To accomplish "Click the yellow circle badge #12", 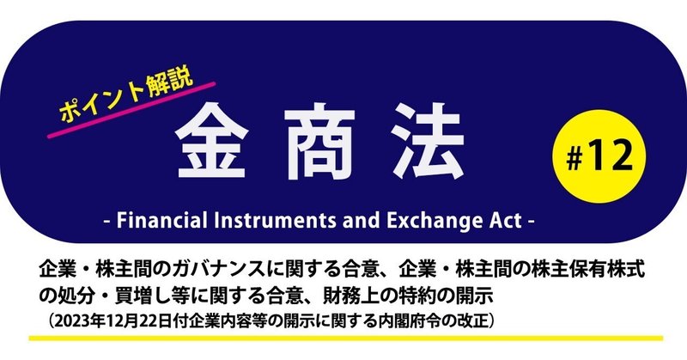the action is point(599,156).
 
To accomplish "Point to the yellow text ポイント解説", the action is point(127,96).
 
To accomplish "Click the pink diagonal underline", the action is point(131,110).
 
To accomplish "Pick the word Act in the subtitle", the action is point(503,221).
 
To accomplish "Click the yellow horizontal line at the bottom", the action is point(346,339).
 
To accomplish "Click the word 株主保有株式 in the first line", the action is point(593,271).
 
